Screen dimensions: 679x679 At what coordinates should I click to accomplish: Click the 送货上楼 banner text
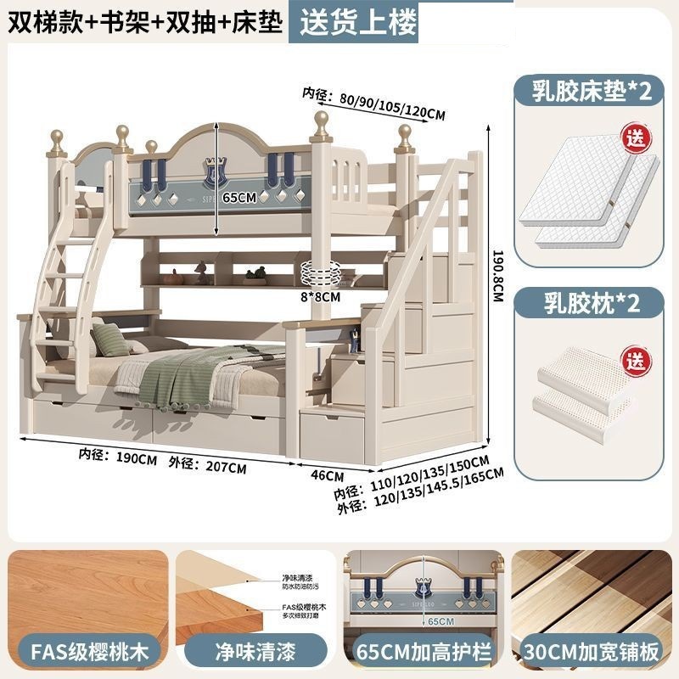click(x=354, y=21)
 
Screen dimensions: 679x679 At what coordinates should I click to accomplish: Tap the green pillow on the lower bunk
click(x=110, y=340)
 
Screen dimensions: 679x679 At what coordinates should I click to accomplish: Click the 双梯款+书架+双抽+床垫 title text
click(x=144, y=21)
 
